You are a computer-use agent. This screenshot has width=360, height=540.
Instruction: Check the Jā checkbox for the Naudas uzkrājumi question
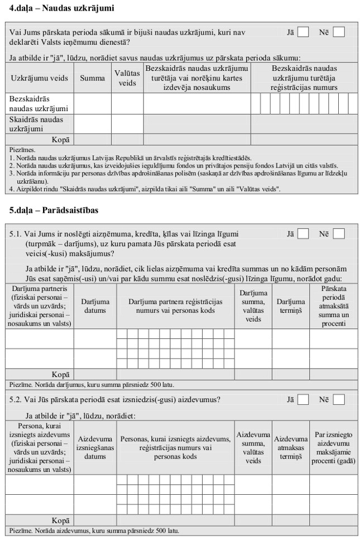pos(303,32)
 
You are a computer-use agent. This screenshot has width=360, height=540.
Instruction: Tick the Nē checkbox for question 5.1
pos(338,234)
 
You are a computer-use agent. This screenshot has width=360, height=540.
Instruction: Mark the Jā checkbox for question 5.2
pos(303,399)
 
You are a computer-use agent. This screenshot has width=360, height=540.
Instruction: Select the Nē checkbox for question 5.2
pos(338,399)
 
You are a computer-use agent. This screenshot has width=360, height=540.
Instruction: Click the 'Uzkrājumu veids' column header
pos(39,78)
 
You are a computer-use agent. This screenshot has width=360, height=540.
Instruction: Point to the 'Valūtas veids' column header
pos(127,78)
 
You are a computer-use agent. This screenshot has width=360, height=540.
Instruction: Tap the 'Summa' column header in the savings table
pos(92,78)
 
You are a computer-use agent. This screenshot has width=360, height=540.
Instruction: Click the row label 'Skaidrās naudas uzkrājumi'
pos(36,124)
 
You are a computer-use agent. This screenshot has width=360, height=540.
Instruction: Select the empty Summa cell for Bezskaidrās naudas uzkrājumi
pos(92,104)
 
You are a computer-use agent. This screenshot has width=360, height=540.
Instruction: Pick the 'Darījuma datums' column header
pos(95,306)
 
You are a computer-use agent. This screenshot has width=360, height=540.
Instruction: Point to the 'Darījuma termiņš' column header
pos(290,306)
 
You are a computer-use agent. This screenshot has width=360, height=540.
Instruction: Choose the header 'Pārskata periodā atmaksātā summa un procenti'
pos(334,306)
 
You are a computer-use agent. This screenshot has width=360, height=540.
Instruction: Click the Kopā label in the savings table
pos(60,140)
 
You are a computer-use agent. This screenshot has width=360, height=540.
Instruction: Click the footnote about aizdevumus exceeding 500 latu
pos(95,531)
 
